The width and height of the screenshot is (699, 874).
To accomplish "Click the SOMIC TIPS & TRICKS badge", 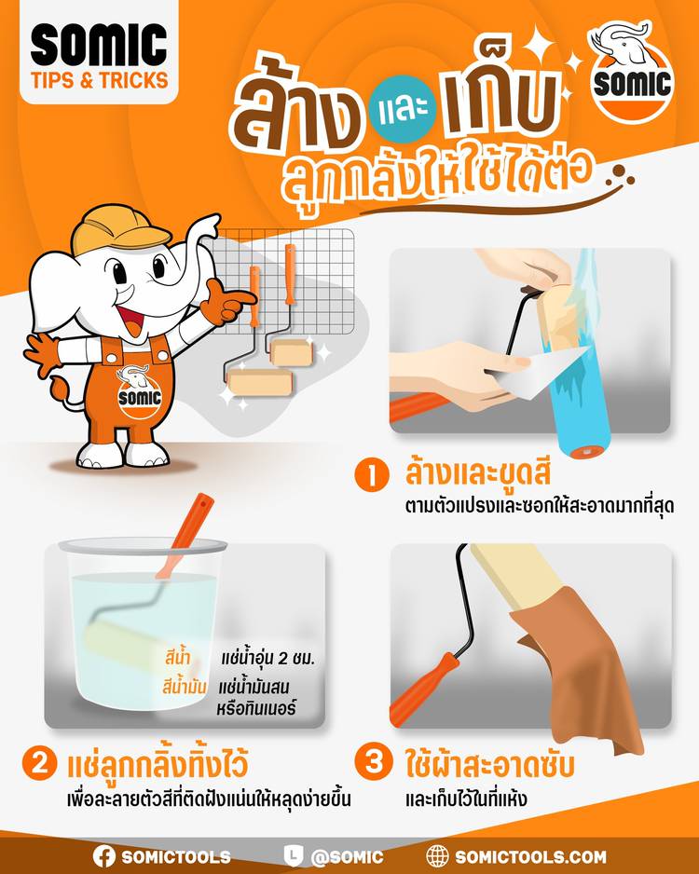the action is pyautogui.click(x=99, y=52).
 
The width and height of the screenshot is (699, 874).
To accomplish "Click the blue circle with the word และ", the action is pyautogui.click(x=403, y=109).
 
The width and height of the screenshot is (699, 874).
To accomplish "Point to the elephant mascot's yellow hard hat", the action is pyautogui.click(x=119, y=229).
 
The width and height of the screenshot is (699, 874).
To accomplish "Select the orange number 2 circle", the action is pyautogui.click(x=39, y=764).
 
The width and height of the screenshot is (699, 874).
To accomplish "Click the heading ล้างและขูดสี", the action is pyautogui.click(x=478, y=472).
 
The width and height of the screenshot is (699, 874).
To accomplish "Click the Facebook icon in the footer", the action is pyautogui.click(x=104, y=856).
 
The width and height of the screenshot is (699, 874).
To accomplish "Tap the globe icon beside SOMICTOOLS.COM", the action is pyautogui.click(x=437, y=856).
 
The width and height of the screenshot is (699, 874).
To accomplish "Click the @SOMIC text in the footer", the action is pyautogui.click(x=347, y=857).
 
